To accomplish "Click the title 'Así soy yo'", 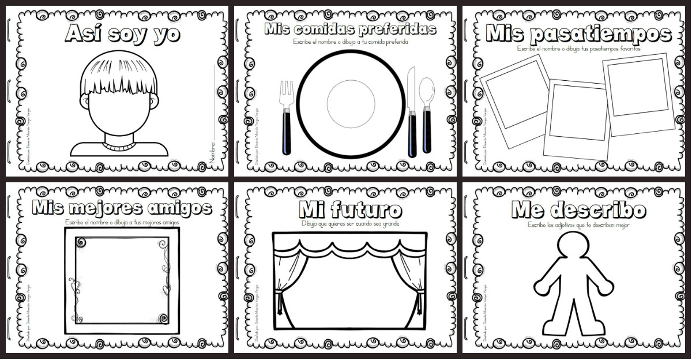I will click(122, 33).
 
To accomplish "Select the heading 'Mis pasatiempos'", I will click(578, 34).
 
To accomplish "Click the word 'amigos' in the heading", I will click(183, 207).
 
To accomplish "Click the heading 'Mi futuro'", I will click(350, 209).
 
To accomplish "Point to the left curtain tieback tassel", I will click(279, 300).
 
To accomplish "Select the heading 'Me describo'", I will click(578, 210).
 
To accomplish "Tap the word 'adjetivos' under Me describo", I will click(571, 225).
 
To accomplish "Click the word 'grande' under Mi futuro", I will click(390, 224).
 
